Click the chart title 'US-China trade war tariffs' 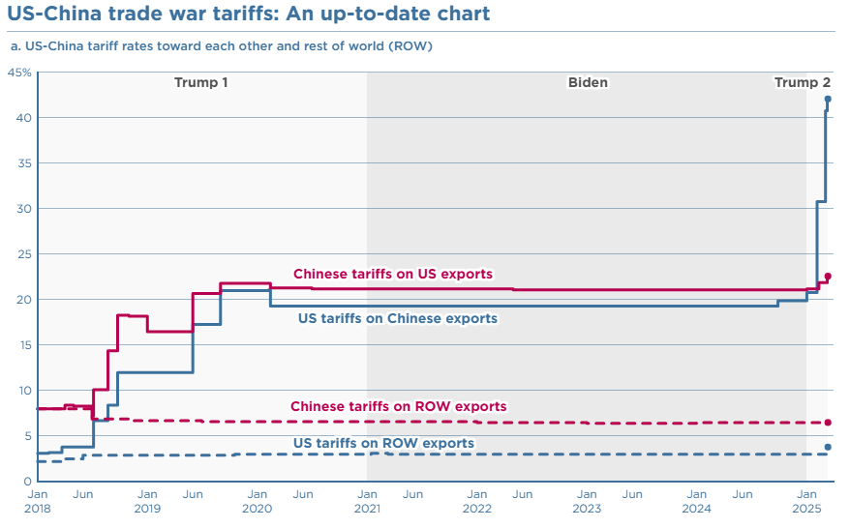coord(248,14)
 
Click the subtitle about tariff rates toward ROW coord(221,46)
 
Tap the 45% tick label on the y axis coord(19,73)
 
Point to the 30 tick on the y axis coord(23,209)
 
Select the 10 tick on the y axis coord(23,391)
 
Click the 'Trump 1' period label coord(201,82)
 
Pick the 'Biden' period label coord(588,82)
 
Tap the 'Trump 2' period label coord(802,82)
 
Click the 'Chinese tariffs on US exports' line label coord(393,274)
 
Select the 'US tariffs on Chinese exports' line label coord(398,318)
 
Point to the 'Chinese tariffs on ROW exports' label coord(399,406)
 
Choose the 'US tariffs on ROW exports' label coord(383,443)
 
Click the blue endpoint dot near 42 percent coord(828,99)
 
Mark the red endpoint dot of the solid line coord(828,277)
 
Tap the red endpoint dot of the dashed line coord(828,423)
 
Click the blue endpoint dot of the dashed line coord(828,447)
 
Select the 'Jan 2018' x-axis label coord(37,501)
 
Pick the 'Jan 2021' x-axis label coord(367,501)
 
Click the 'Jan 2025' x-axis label coord(806,501)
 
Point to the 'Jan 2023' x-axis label coord(587,501)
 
